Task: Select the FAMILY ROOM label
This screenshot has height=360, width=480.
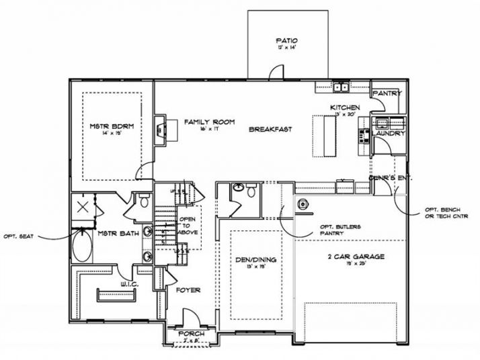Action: (209, 122)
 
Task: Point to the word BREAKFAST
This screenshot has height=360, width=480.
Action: (270, 129)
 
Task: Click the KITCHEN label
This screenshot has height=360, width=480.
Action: (344, 107)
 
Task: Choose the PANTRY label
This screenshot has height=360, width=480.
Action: (387, 93)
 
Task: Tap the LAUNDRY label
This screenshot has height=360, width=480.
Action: (389, 134)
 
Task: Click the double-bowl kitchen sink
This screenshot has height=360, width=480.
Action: (341, 87)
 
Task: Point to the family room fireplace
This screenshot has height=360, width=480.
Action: (160, 129)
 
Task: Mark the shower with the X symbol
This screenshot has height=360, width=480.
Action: (84, 207)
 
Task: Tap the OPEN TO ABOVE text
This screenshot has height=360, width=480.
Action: (188, 226)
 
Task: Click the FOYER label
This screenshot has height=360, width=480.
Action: (188, 291)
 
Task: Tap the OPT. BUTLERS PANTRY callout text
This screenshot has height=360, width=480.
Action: (341, 230)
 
